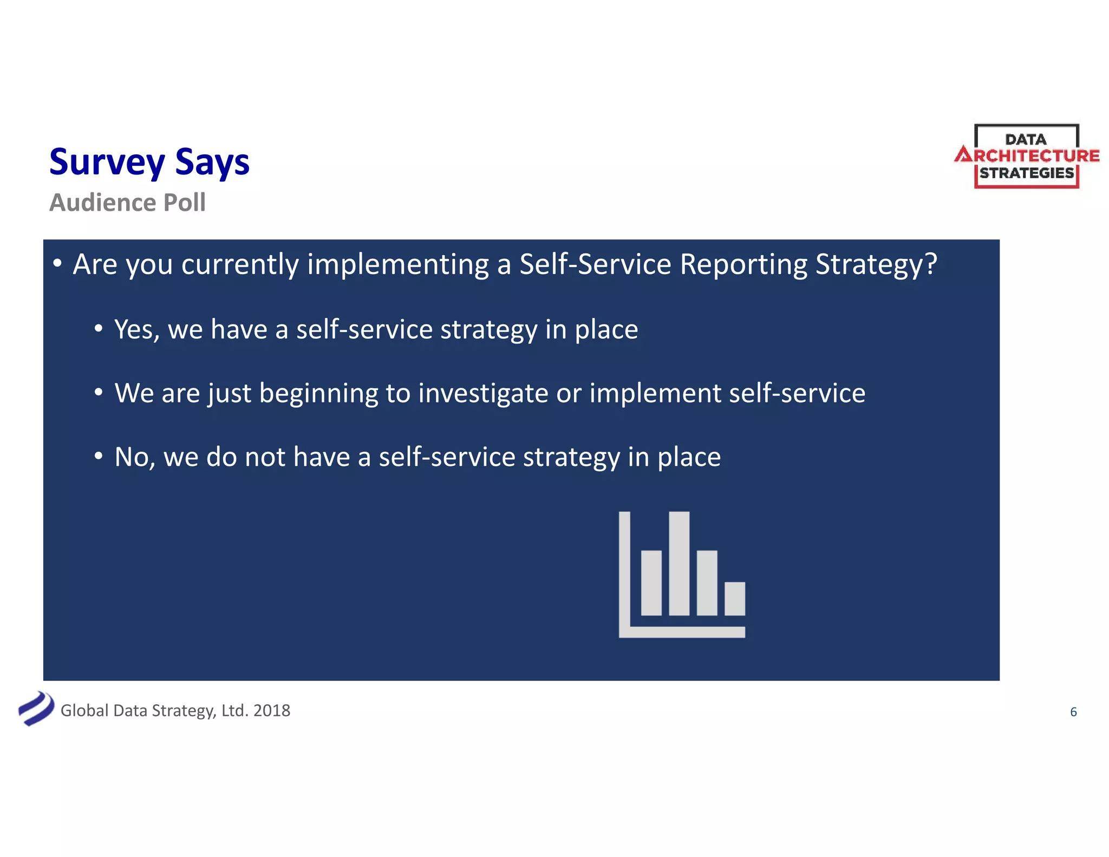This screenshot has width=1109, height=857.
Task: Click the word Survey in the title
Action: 107,162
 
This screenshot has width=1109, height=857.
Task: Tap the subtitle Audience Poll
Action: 127,203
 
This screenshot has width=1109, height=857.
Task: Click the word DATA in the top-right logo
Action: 1026,139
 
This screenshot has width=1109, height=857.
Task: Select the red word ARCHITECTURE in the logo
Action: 1027,156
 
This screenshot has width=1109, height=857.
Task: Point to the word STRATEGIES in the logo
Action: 1027,173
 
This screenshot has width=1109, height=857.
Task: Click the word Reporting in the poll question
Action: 743,264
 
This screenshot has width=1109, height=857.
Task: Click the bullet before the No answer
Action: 98,456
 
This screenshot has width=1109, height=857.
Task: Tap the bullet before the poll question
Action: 57,263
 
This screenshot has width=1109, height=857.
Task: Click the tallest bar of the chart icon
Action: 679,563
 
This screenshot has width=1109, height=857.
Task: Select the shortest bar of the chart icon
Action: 734,599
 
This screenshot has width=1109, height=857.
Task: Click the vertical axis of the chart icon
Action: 624,569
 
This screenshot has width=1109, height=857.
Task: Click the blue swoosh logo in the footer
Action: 36,709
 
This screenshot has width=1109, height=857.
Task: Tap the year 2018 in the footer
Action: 271,710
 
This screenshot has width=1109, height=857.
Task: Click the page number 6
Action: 1073,712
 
